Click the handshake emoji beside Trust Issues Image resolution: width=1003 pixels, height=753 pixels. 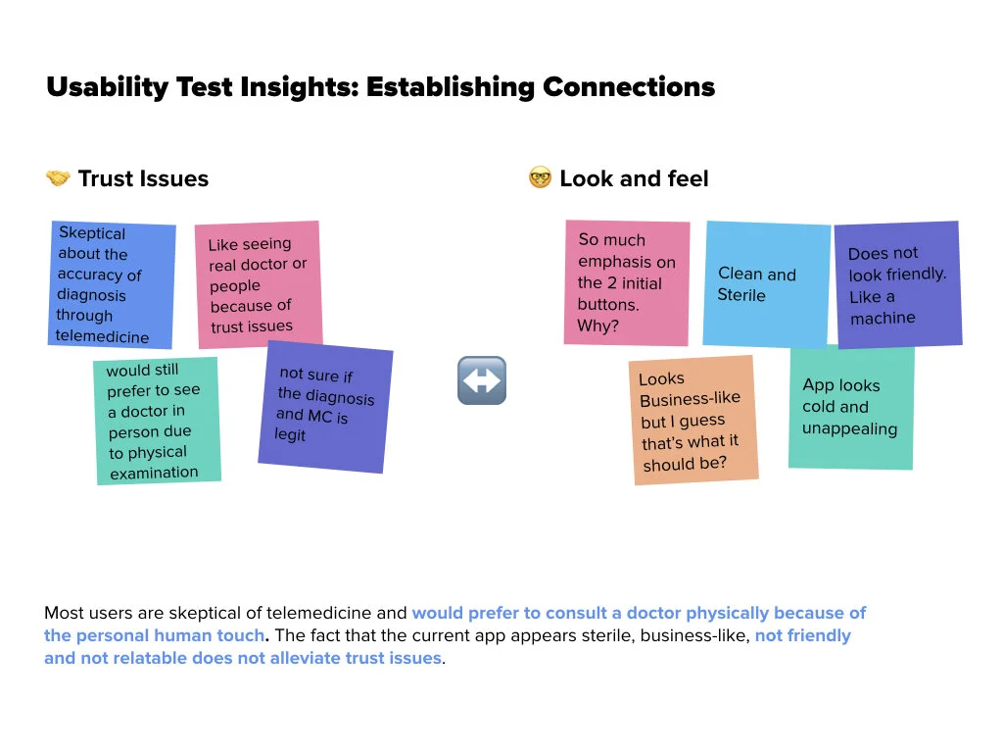pyautogui.click(x=58, y=178)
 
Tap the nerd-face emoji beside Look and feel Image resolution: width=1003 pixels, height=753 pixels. pyautogui.click(x=540, y=178)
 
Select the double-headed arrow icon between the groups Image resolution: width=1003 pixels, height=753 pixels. pyautogui.click(x=482, y=380)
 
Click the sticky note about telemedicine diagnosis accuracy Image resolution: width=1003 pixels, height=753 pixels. pyautogui.click(x=113, y=285)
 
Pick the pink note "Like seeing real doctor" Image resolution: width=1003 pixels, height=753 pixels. pyautogui.click(x=259, y=284)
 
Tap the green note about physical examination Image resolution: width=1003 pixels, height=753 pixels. pyautogui.click(x=157, y=421)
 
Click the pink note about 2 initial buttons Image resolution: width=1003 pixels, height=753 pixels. pyautogui.click(x=627, y=282)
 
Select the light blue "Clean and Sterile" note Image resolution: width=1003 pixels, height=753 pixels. pyautogui.click(x=767, y=284)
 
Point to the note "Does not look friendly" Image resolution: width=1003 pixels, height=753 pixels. pyautogui.click(x=897, y=284)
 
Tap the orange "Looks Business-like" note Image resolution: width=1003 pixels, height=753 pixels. pyautogui.click(x=693, y=420)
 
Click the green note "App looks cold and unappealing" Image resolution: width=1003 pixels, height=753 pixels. pyautogui.click(x=851, y=407)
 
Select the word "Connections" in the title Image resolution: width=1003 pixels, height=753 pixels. pyautogui.click(x=629, y=87)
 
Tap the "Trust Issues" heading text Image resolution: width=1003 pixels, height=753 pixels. pyautogui.click(x=143, y=178)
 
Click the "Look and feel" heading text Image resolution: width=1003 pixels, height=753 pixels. pyautogui.click(x=634, y=178)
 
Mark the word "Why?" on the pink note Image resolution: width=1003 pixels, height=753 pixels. pyautogui.click(x=598, y=326)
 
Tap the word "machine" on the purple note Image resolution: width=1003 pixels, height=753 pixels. pyautogui.click(x=883, y=318)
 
